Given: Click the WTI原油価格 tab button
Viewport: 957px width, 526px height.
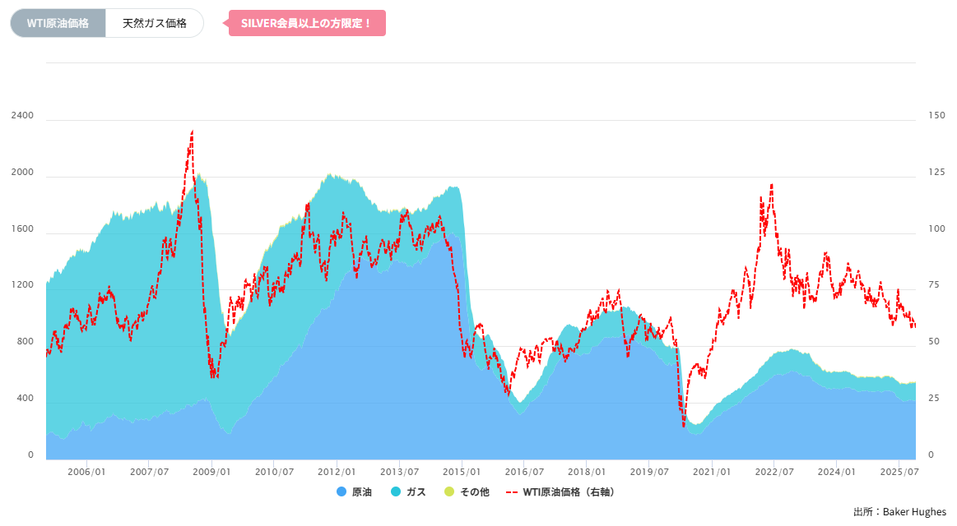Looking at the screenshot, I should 58,23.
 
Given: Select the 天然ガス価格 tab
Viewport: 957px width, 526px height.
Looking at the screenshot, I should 154,23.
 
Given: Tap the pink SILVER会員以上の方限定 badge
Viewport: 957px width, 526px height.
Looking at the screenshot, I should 306,23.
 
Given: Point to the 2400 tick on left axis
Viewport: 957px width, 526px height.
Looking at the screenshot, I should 23,116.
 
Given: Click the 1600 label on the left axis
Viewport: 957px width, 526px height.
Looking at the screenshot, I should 23,229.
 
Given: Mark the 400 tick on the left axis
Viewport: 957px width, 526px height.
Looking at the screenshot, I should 26,399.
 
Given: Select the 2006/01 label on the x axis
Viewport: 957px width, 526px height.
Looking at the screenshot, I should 86,473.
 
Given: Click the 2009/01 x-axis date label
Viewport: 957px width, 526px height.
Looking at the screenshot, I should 211,473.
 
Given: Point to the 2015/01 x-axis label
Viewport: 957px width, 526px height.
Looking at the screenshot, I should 462,473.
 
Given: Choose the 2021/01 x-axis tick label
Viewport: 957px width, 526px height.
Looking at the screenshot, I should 712,473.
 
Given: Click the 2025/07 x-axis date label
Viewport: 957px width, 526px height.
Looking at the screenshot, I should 899,473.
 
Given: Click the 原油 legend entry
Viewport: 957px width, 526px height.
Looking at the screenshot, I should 355,492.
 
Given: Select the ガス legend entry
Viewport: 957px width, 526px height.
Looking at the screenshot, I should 408,492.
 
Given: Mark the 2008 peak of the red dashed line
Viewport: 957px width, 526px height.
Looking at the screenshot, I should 192,131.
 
